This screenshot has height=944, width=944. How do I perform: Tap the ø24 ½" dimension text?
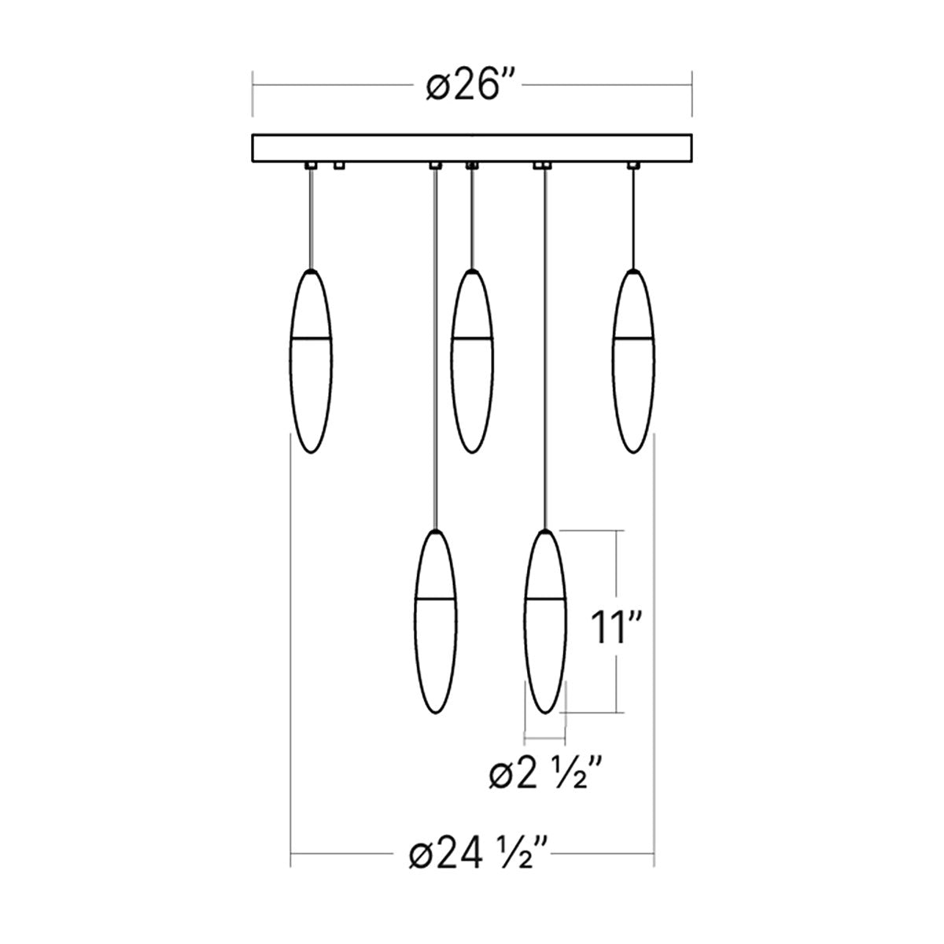(x=478, y=853)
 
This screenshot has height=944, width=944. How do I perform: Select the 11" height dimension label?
(x=615, y=628)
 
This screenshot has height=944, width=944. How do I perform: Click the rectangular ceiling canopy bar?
(x=472, y=148)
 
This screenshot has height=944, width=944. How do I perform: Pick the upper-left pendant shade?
(x=311, y=361)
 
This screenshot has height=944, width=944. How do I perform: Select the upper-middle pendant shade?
(x=472, y=361)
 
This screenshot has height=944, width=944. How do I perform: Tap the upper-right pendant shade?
(x=633, y=361)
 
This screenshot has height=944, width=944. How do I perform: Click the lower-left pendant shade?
(x=436, y=621)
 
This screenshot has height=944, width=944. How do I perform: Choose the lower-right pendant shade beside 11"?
(x=545, y=621)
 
